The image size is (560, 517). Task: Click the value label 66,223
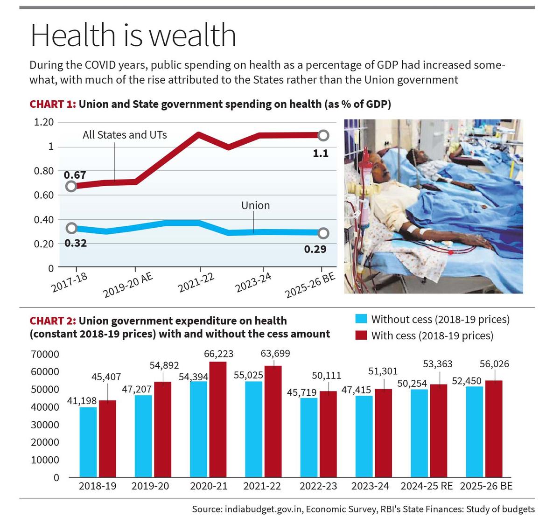(x=218, y=354)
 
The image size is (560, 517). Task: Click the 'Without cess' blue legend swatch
(x=361, y=319)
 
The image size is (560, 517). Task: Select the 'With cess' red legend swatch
(x=361, y=335)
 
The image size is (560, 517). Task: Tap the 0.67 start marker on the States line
(x=71, y=186)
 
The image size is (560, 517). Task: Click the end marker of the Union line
(x=323, y=233)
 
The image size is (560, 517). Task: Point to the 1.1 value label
(x=321, y=153)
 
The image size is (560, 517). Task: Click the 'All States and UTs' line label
(x=125, y=135)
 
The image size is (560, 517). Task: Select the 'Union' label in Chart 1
(x=255, y=205)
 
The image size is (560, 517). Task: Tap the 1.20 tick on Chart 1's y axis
(x=44, y=122)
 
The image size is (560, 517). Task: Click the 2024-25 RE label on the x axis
(x=426, y=486)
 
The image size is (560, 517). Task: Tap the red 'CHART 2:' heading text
(x=52, y=321)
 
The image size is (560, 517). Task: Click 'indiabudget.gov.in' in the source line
(x=264, y=509)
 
